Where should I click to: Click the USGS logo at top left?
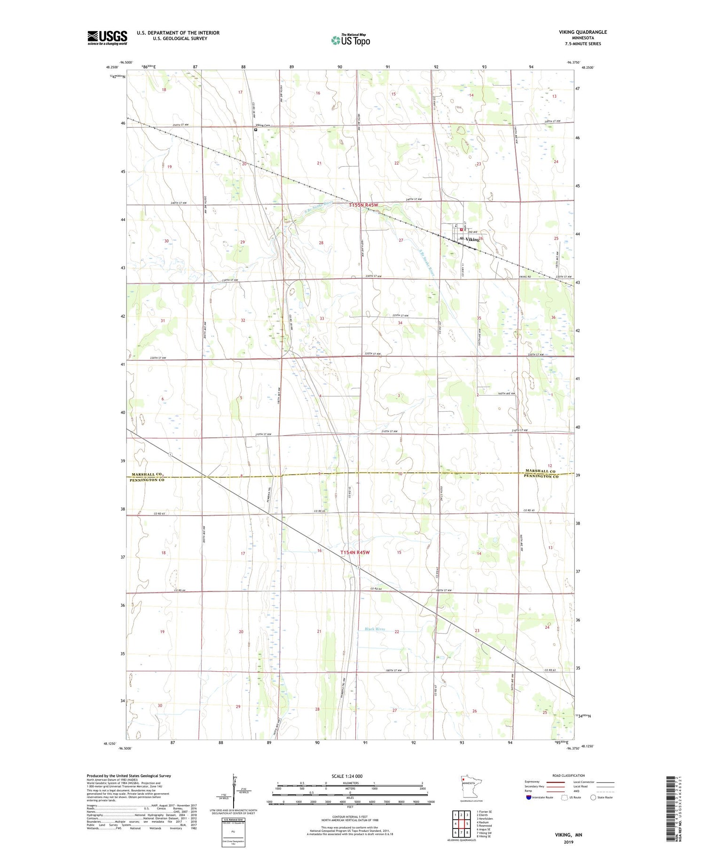coord(107,38)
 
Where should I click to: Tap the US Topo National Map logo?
coord(350,40)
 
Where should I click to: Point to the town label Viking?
coord(472,239)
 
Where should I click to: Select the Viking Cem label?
coord(264,125)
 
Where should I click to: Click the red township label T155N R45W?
coord(363,205)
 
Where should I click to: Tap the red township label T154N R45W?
coord(355,552)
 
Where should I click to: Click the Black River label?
coord(375,629)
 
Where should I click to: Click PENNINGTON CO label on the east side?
coord(541,477)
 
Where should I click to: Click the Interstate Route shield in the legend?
coord(529,797)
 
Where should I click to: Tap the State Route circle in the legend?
coord(593,797)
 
